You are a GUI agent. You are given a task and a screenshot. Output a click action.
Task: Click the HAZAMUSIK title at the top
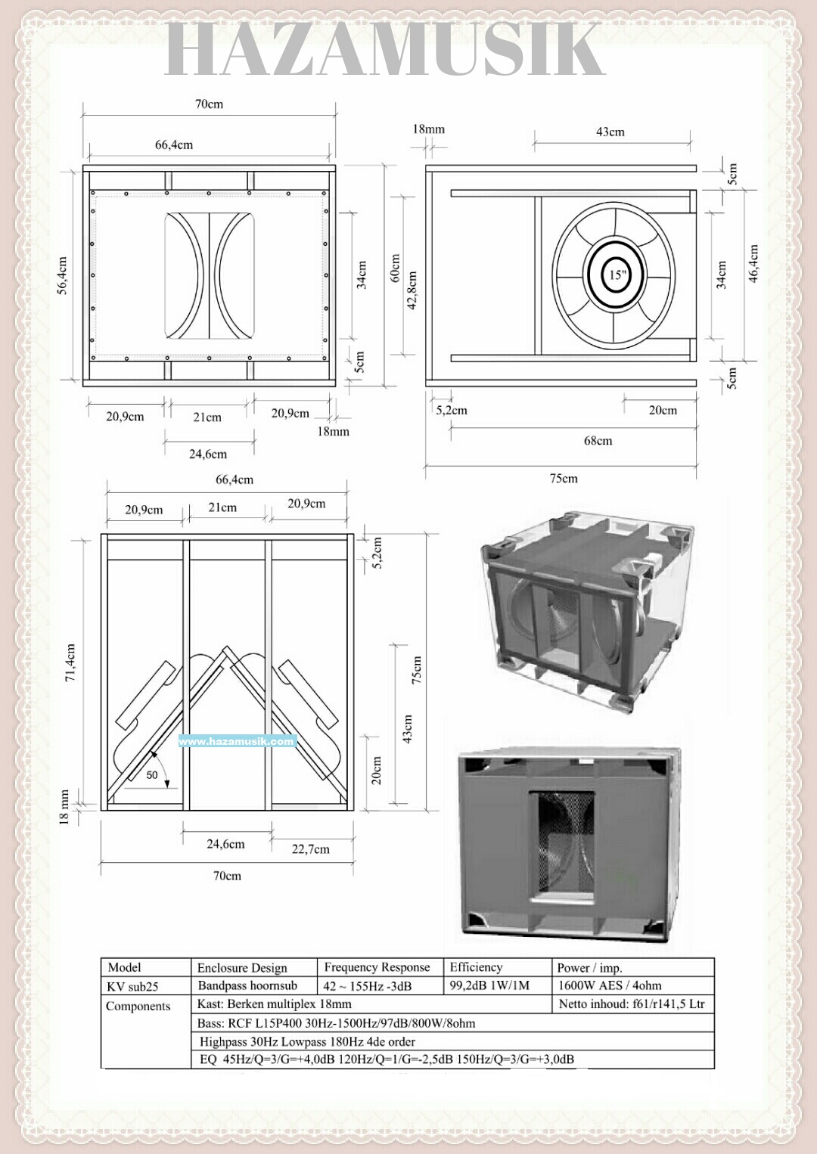384,50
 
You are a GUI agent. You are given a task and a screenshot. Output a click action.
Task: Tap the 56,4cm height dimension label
62,275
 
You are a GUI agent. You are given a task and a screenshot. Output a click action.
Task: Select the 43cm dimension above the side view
610,132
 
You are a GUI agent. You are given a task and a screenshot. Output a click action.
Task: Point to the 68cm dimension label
598,440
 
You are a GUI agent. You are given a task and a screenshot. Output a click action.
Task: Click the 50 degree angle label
152,775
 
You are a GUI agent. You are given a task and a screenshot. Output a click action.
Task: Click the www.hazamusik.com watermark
236,741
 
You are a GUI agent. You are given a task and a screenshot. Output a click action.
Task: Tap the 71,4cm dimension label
70,663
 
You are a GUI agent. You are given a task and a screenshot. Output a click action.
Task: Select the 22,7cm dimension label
310,849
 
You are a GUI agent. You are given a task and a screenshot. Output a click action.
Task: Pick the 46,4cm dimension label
753,264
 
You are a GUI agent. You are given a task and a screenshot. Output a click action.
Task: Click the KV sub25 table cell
132,986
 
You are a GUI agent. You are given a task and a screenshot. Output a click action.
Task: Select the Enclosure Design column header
242,968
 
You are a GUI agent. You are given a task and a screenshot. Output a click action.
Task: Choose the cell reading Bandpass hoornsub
247,985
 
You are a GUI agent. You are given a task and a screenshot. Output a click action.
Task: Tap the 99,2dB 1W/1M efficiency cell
489,985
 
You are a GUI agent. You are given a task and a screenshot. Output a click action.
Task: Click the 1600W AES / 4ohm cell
609,985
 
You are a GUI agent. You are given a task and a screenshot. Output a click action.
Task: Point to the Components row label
138,1006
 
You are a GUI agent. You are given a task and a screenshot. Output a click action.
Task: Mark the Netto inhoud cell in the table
632,1004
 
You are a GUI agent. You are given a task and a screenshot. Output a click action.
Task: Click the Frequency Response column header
377,967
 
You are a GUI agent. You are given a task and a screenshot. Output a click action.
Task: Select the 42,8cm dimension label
412,290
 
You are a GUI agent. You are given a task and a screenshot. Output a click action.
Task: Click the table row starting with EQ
386,1059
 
